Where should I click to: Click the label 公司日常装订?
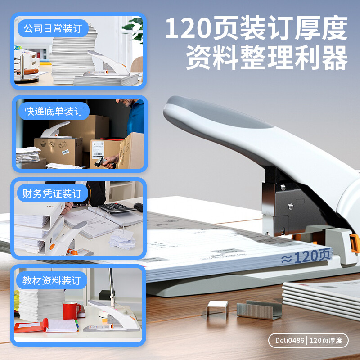[53, 28]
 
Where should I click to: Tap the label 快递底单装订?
[54, 111]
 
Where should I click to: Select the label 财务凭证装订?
[52, 193]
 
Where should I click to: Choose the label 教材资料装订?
[52, 280]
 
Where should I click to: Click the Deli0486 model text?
[290, 340]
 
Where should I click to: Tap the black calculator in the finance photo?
[117, 208]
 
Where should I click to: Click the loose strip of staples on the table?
[259, 310]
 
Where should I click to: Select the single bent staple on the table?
[217, 308]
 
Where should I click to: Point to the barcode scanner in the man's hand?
[102, 162]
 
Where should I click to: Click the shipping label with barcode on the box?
[98, 150]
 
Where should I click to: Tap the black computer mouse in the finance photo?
[138, 207]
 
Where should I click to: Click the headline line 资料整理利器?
[267, 58]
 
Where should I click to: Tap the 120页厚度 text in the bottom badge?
[326, 340]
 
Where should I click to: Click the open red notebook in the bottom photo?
[46, 326]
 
